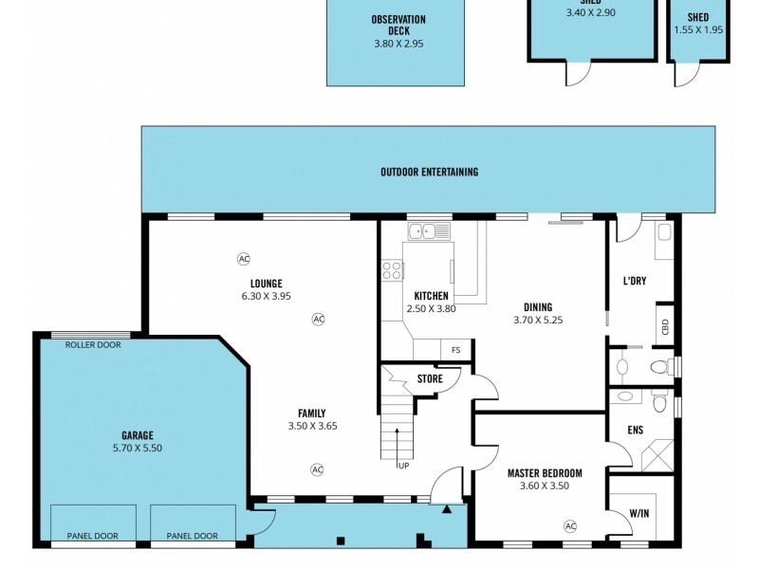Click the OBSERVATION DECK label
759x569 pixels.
tap(398, 25)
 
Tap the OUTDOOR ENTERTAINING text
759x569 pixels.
tap(429, 172)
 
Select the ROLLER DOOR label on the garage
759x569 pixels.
tap(93, 345)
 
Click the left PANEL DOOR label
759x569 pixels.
tap(92, 536)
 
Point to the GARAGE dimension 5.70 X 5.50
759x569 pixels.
tap(137, 448)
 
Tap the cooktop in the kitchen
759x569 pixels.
tap(391, 271)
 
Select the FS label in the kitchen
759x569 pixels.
tap(456, 351)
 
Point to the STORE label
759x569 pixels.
tap(430, 379)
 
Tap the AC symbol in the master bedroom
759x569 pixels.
tap(570, 525)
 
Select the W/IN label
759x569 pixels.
tap(639, 514)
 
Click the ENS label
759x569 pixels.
tap(635, 430)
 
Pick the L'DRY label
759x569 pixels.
tap(635, 282)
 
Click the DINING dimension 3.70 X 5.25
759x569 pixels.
tap(538, 320)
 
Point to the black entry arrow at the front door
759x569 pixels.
tap(447, 509)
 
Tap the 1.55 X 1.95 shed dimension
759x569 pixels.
tap(697, 29)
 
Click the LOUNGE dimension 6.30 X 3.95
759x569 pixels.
tap(266, 296)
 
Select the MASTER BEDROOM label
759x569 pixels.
tap(544, 473)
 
